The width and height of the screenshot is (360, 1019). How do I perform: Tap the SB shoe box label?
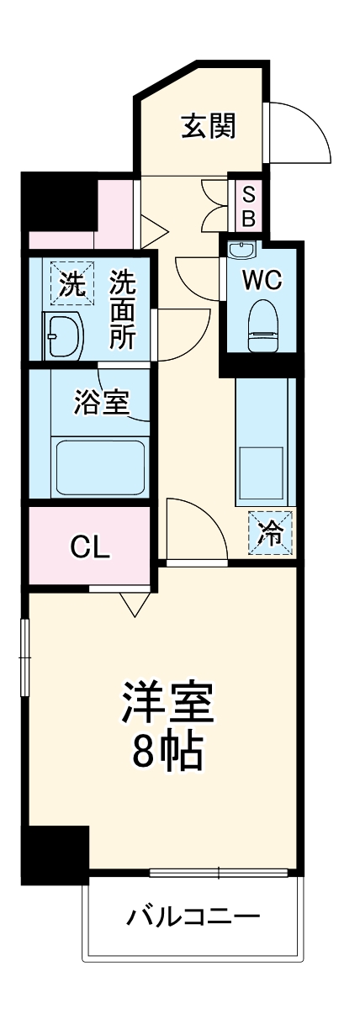click(249, 207)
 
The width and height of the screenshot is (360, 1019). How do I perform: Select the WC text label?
click(262, 280)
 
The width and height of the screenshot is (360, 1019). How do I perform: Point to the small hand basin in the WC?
click(242, 250)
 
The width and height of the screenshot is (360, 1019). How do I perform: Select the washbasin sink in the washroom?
click(62, 336)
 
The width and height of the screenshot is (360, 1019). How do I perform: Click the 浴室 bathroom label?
click(101, 402)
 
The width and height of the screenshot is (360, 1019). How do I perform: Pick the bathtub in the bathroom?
click(99, 468)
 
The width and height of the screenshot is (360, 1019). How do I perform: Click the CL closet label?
click(90, 547)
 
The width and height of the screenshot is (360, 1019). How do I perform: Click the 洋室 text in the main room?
click(168, 703)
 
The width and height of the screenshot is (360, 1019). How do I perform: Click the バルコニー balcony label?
click(193, 916)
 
